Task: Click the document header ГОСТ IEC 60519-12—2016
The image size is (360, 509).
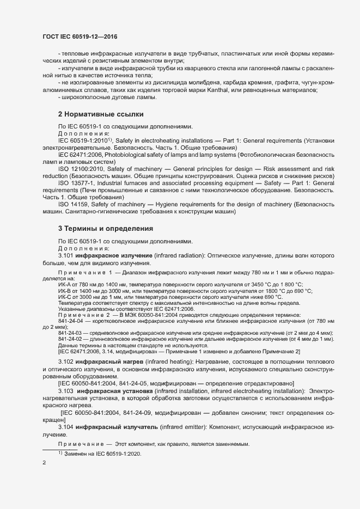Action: tap(80, 36)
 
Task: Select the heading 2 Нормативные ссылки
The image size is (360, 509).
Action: tap(100, 114)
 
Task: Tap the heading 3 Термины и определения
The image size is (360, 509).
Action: tap(105, 228)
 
